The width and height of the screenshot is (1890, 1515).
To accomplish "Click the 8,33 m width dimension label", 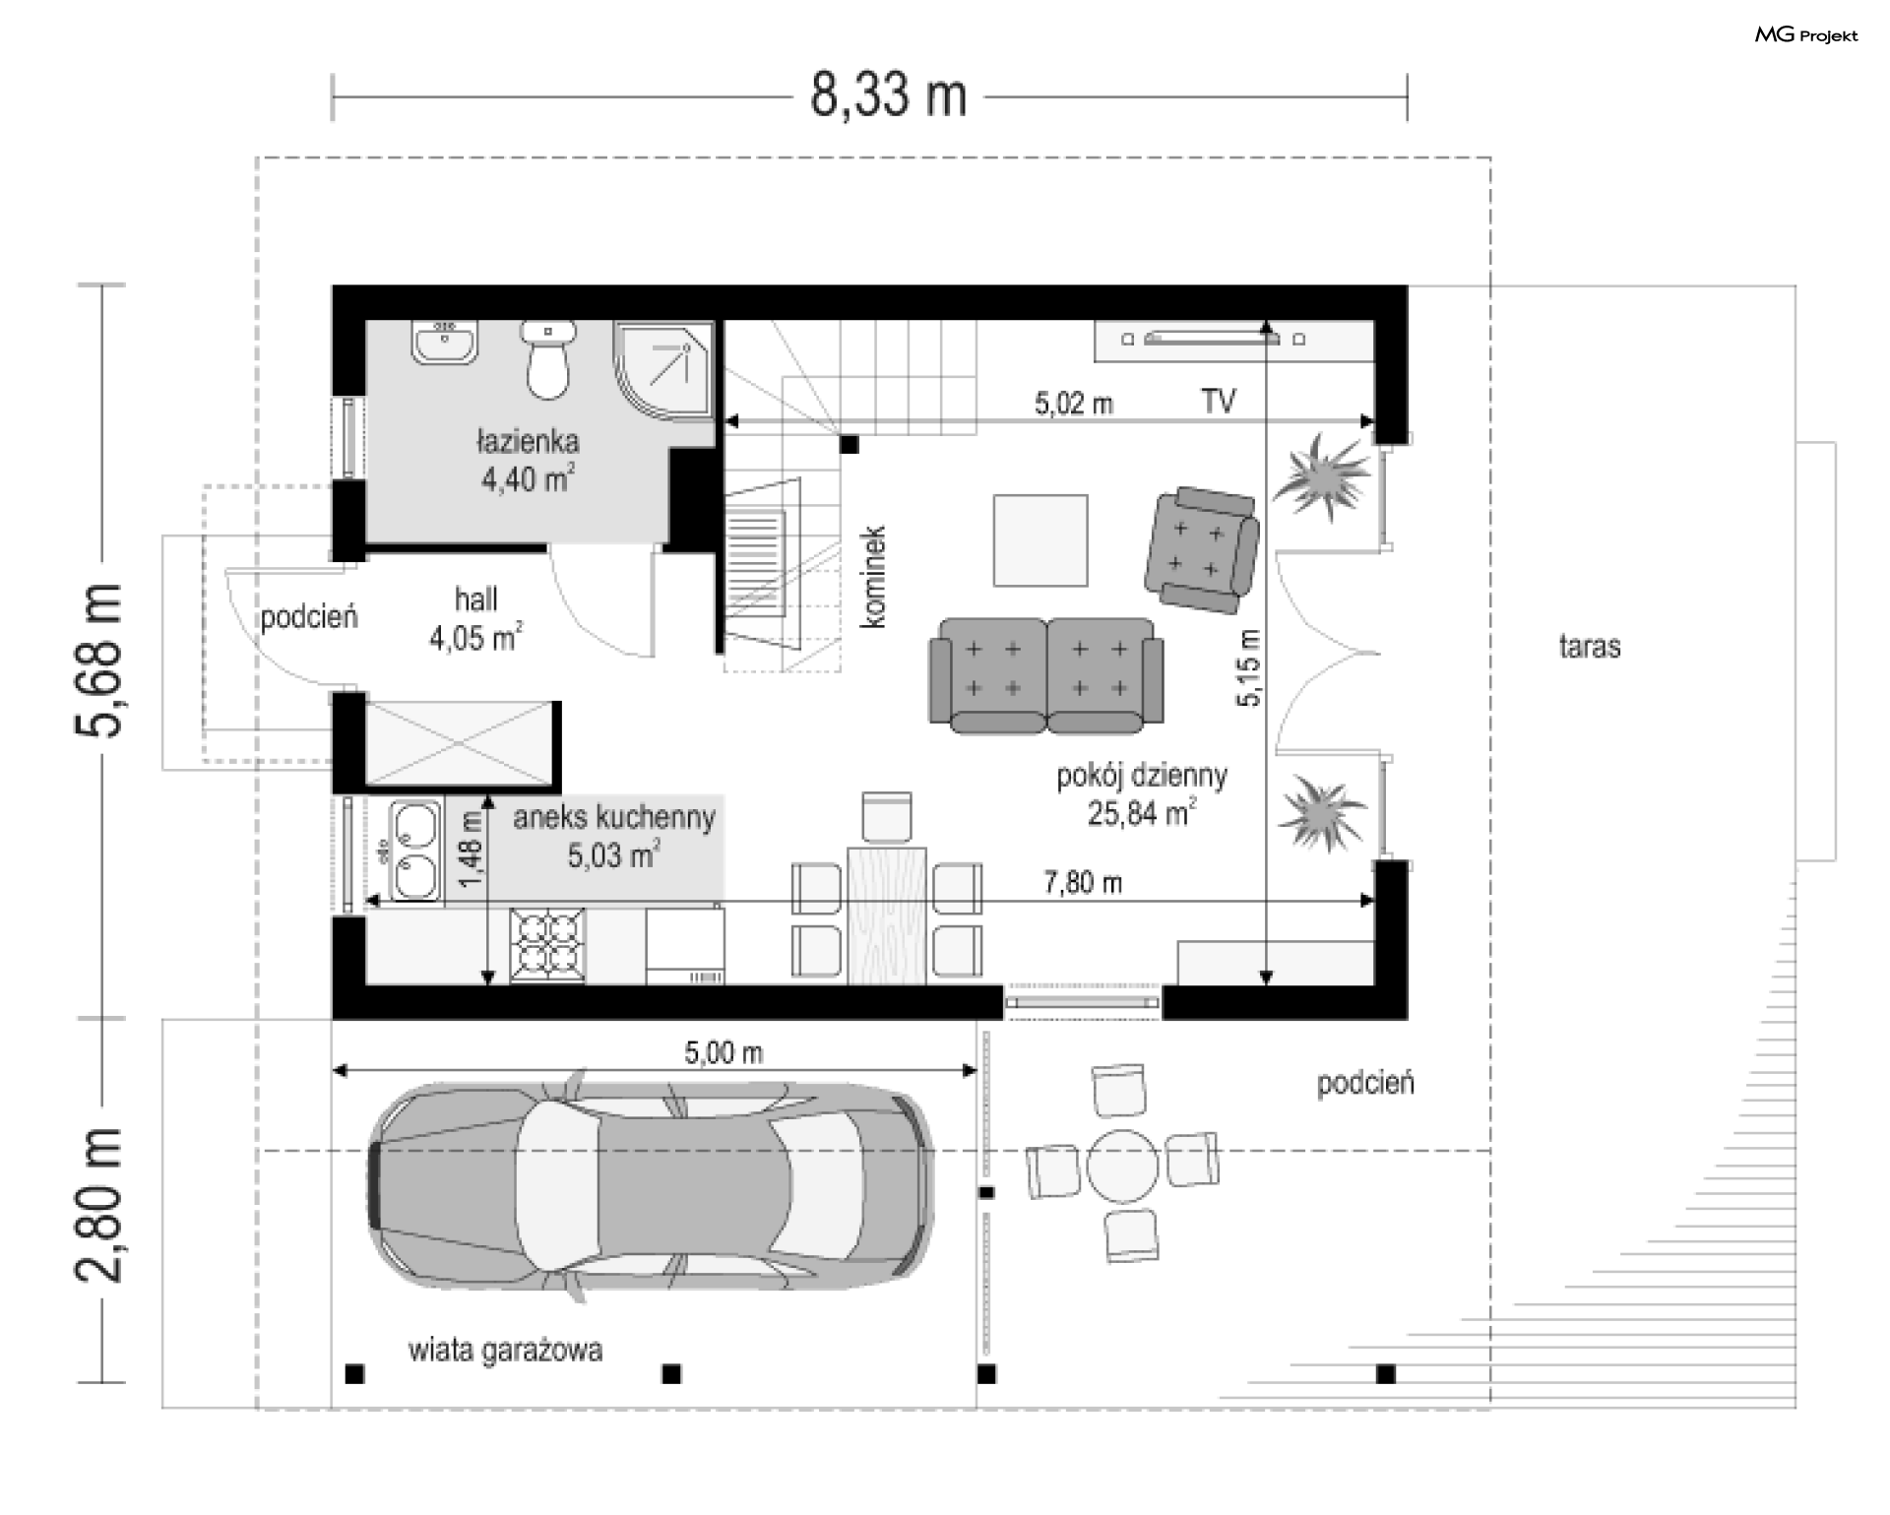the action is coord(888,96).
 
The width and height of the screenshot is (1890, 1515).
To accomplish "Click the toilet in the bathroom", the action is coord(547,359).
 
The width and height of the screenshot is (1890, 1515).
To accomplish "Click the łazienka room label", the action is coord(528,441).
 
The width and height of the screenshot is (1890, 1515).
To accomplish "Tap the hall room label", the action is coord(475,599).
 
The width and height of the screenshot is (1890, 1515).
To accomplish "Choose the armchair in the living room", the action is coord(1201,549).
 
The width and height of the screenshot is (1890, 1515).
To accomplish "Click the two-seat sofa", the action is coord(1046,675).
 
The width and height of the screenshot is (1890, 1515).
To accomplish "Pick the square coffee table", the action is coord(1040,540).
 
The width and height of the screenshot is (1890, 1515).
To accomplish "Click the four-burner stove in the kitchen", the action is coord(547,947).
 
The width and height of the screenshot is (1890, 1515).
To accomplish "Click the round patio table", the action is coord(1123,1166).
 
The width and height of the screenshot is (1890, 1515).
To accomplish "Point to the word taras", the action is coord(1590,647).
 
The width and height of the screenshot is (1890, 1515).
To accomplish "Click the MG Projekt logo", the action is coord(1806,35).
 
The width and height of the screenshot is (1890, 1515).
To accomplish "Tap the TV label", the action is coord(1218,401).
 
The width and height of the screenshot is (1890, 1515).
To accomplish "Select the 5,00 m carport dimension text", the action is coord(724,1052).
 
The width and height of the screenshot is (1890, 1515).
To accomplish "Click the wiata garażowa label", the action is coord(505,1350).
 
